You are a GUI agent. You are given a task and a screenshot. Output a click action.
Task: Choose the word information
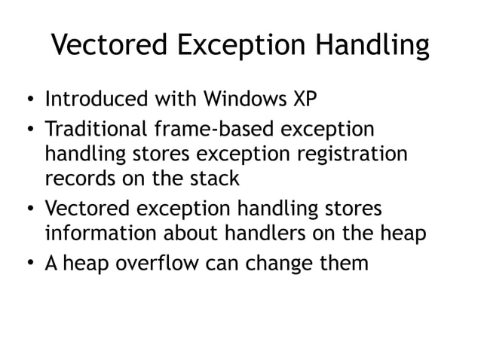pos(95,233)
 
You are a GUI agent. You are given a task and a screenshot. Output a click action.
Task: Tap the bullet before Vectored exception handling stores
pos(28,209)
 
